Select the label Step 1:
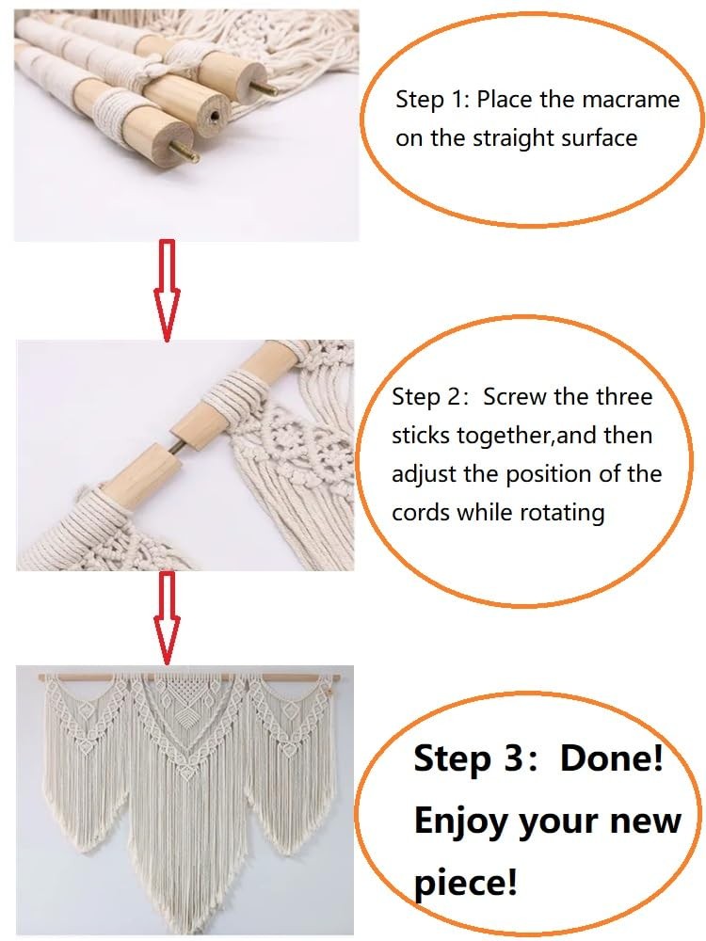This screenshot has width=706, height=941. click(432, 99)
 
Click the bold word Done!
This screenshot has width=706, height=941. click(612, 758)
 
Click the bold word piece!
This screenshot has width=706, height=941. click(465, 883)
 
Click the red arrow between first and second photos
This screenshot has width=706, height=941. click(168, 291)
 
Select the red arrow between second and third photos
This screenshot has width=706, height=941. click(168, 618)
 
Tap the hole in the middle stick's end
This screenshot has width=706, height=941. click(215, 114)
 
